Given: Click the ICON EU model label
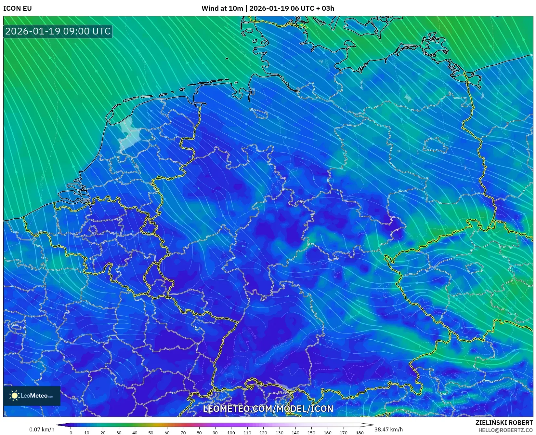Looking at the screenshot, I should click(x=18, y=8).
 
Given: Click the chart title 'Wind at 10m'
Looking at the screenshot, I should click(x=222, y=8).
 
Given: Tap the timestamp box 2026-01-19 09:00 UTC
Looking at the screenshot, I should click(x=58, y=32).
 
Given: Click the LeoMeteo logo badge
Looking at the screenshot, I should click(x=32, y=396).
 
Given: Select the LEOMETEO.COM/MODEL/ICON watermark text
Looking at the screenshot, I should click(x=268, y=409).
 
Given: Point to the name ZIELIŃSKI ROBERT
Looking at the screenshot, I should click(x=504, y=423).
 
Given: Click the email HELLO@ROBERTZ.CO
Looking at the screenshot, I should click(x=505, y=430).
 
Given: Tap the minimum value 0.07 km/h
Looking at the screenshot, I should click(x=42, y=429).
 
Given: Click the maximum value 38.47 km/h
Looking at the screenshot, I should click(x=388, y=429).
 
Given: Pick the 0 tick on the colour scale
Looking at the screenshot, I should click(x=71, y=433).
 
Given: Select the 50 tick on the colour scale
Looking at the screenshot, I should click(x=151, y=433).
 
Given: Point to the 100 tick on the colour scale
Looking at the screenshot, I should click(x=231, y=433).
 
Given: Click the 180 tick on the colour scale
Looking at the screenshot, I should click(x=360, y=433).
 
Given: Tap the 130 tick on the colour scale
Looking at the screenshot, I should click(x=279, y=433).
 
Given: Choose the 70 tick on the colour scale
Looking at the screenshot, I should click(x=183, y=433).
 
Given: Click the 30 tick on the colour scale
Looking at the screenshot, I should click(x=119, y=433).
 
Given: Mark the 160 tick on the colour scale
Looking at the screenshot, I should click(x=327, y=433).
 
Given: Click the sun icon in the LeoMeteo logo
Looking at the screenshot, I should click(x=14, y=396).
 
